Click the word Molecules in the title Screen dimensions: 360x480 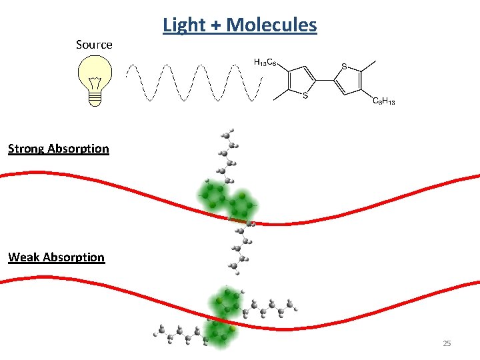point(271,25)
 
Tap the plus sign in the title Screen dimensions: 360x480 point(215,26)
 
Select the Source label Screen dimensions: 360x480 point(94,45)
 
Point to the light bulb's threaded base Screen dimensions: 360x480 point(95,97)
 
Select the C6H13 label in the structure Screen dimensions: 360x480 point(383,101)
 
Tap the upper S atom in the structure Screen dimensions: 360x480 point(344,66)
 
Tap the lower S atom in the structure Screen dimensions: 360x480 point(305,95)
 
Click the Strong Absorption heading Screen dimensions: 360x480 point(59,149)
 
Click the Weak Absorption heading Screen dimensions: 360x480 point(57,257)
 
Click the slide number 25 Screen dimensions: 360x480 point(447,343)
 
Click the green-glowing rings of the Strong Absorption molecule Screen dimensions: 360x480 point(227,199)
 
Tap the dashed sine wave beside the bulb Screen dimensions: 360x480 point(193,83)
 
